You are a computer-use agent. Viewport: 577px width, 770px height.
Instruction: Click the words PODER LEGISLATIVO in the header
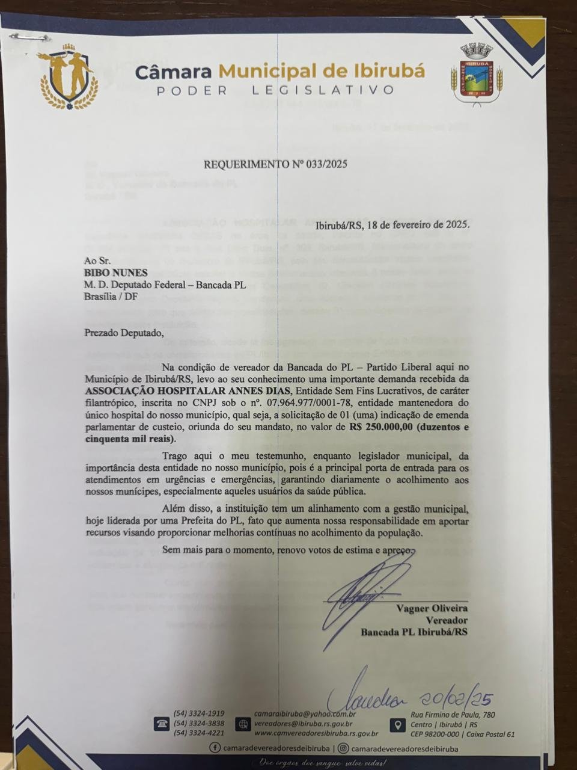275,90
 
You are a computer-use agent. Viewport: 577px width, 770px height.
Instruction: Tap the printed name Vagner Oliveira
432,608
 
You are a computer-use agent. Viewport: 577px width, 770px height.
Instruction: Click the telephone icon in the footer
162,724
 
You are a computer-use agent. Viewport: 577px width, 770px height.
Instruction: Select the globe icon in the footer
243,724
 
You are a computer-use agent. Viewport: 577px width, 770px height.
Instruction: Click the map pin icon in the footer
397,724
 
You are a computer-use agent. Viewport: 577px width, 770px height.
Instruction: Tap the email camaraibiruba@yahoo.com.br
305,714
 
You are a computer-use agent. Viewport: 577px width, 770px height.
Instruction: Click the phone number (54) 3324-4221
198,733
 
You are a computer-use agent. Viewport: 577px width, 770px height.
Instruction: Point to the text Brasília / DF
110,295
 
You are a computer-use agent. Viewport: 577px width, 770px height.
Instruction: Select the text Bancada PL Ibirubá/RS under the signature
414,632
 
